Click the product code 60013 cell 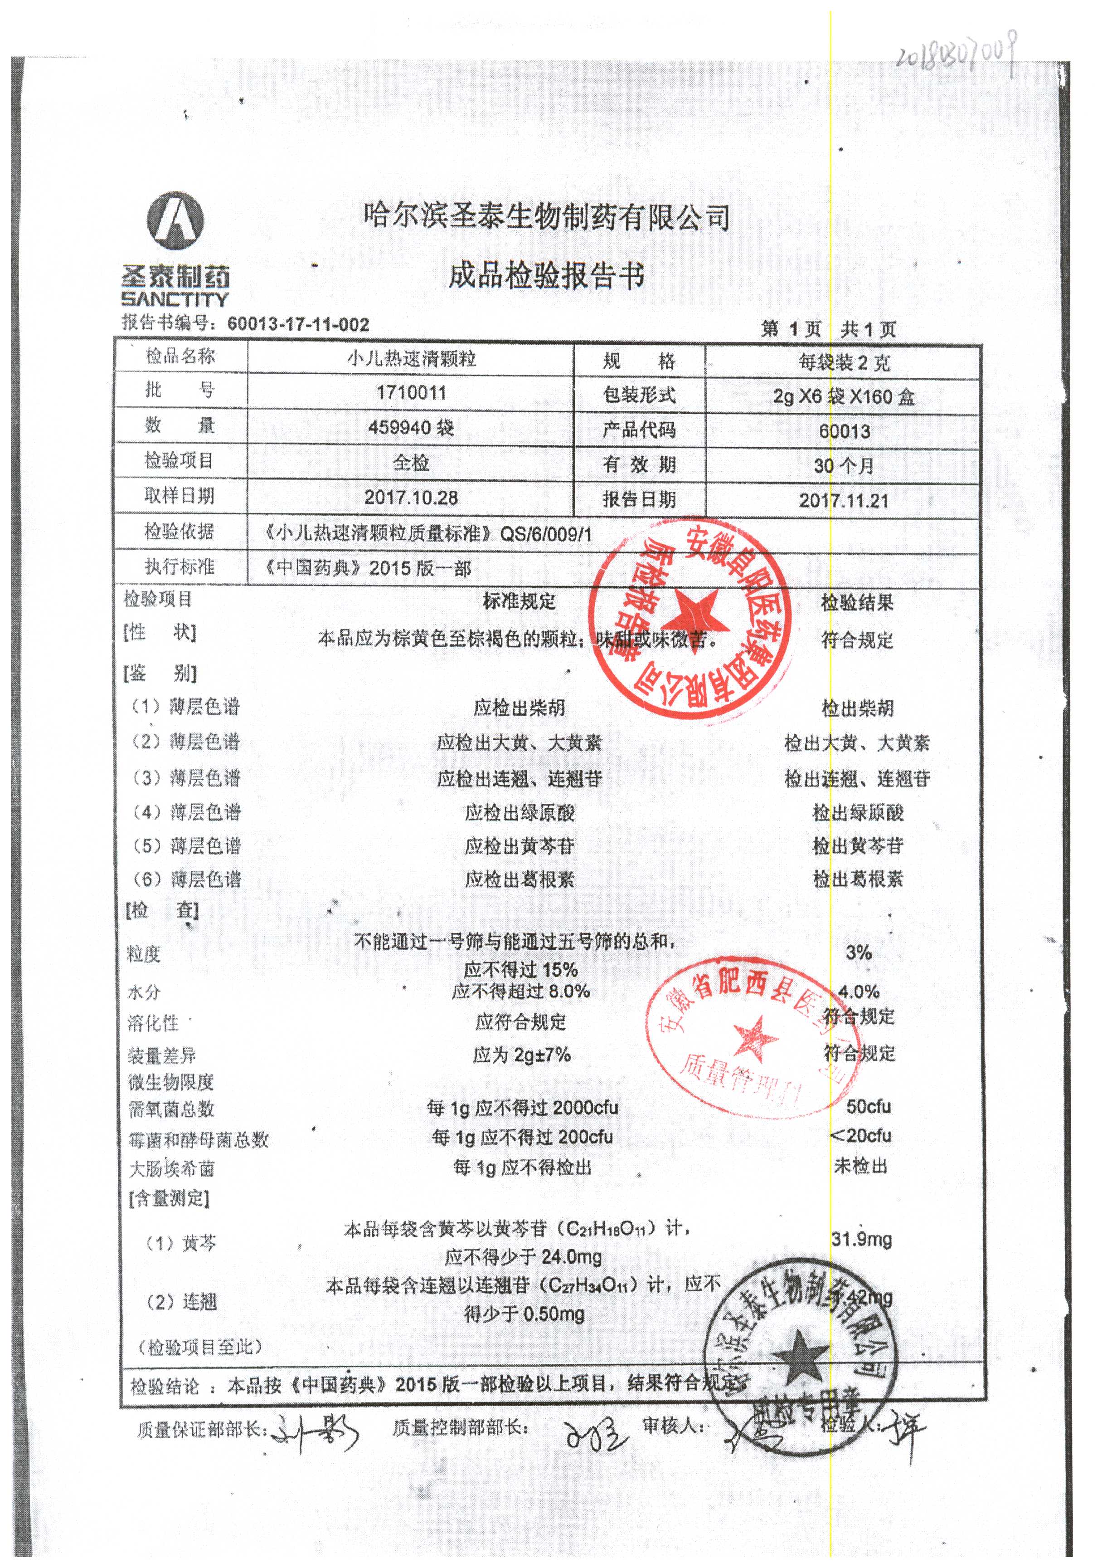pos(844,431)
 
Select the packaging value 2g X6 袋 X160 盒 pos(844,396)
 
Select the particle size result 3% pos(859,952)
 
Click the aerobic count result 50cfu pos(868,1106)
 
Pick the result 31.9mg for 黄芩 pos(861,1239)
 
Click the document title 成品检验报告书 pos(546,277)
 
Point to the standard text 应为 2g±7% pos(521,1055)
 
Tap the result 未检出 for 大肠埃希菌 pos(861,1166)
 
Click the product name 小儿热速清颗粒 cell pos(411,359)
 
